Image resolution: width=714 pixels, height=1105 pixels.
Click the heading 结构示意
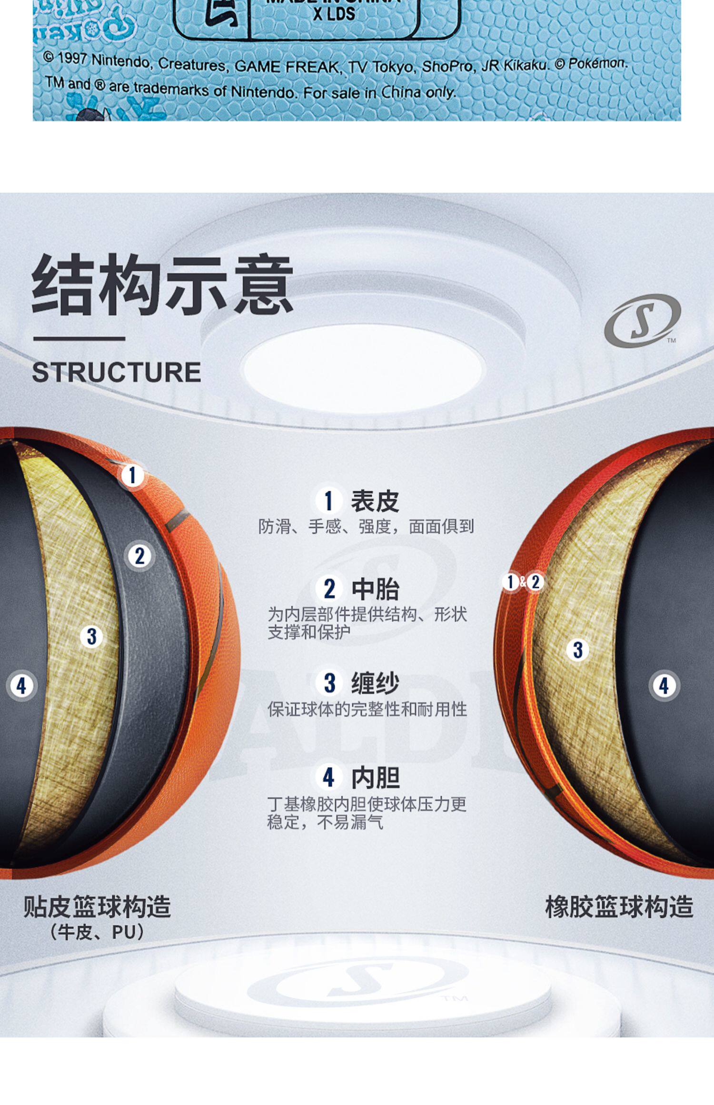pos(162,284)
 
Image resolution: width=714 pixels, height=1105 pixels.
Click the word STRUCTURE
pos(116,372)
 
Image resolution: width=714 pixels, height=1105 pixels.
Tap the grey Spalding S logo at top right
pos(642,320)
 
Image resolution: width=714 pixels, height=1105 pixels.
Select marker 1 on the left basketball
pos(132,475)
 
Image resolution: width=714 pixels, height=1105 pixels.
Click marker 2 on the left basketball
pos(139,556)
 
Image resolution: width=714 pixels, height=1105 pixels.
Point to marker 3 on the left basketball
pos(92,636)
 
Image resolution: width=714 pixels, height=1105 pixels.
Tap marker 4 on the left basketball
pos(21,686)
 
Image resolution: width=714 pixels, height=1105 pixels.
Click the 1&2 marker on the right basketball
pos(523,582)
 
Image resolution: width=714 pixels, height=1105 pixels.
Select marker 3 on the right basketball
pos(578,650)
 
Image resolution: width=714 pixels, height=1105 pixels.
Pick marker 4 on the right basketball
pos(664,686)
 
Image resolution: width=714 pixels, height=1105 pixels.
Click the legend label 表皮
pos(375,501)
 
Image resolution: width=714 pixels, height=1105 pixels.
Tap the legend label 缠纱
pos(375,683)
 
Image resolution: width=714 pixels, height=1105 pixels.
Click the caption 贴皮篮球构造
pos(97,906)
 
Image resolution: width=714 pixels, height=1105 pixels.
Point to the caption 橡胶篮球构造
pos(619,906)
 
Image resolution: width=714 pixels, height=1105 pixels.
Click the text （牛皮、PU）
pos(97,932)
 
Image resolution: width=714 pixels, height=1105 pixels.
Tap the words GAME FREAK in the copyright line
pos(286,67)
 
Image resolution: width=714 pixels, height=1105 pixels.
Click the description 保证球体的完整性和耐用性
pos(367,710)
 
